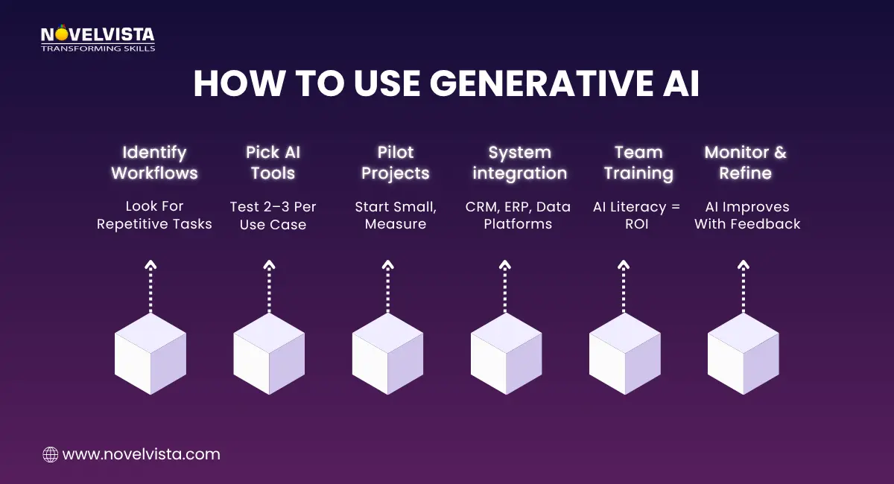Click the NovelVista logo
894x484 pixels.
click(x=97, y=39)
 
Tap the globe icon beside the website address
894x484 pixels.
click(x=51, y=454)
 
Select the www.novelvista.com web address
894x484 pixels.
click(x=141, y=454)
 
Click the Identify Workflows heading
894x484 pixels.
click(x=154, y=163)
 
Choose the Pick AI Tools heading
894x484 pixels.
click(x=273, y=163)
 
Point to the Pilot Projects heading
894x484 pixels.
click(x=396, y=163)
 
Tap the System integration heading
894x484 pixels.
click(x=519, y=163)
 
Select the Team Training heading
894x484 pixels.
click(x=638, y=163)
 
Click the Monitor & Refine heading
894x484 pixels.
click(x=746, y=163)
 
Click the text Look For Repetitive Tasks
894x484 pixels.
click(x=154, y=215)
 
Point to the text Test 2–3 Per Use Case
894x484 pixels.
click(x=273, y=215)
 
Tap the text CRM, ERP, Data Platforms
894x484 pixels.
click(x=518, y=215)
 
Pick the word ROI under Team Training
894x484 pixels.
click(x=637, y=224)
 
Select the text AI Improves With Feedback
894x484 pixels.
click(x=747, y=215)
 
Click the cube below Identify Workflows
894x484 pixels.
click(x=150, y=354)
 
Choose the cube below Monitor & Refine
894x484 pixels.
click(x=743, y=354)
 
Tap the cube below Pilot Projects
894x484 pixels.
click(x=387, y=354)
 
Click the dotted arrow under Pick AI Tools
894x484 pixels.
click(x=269, y=287)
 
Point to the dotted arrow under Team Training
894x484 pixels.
click(x=624, y=287)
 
